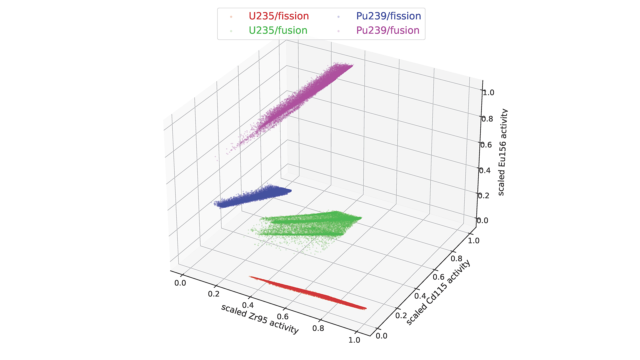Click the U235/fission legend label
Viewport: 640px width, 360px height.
(279, 16)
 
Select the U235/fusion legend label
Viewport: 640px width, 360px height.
(278, 30)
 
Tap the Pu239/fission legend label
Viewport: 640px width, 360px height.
(388, 16)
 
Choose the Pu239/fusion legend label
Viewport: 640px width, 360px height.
(388, 30)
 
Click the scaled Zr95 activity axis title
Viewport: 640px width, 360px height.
(260, 319)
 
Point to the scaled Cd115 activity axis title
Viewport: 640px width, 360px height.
(438, 292)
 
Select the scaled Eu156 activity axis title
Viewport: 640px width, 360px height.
(502, 152)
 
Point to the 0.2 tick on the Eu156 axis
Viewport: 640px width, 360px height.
(484, 195)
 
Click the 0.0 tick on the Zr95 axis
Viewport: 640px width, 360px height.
(180, 283)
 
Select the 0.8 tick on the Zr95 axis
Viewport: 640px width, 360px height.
(318, 328)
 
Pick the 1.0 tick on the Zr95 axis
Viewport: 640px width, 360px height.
(354, 340)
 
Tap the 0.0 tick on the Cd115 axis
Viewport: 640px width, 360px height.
(381, 336)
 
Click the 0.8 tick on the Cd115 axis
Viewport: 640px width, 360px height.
(456, 259)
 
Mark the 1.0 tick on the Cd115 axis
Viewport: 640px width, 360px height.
(473, 241)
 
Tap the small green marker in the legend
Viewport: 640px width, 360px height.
(231, 31)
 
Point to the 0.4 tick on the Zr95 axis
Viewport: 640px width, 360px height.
(248, 305)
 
